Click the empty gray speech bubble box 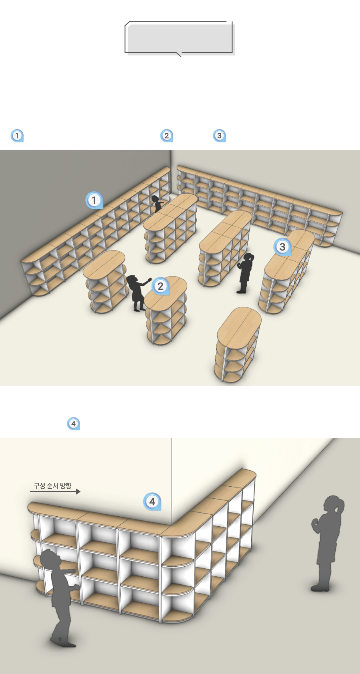click(x=180, y=38)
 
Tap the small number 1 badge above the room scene click(x=17, y=136)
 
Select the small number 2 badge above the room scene click(x=167, y=136)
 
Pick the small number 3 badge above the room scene click(x=219, y=136)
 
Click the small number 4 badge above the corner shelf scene click(x=73, y=424)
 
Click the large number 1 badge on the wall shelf click(x=94, y=200)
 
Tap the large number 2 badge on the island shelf click(x=161, y=286)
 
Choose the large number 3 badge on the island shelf click(x=282, y=247)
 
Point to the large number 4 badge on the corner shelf click(x=152, y=501)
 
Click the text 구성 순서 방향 click(x=53, y=485)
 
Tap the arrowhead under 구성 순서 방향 click(x=78, y=491)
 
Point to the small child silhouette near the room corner click(x=157, y=204)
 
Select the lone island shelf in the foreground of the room click(x=238, y=344)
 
